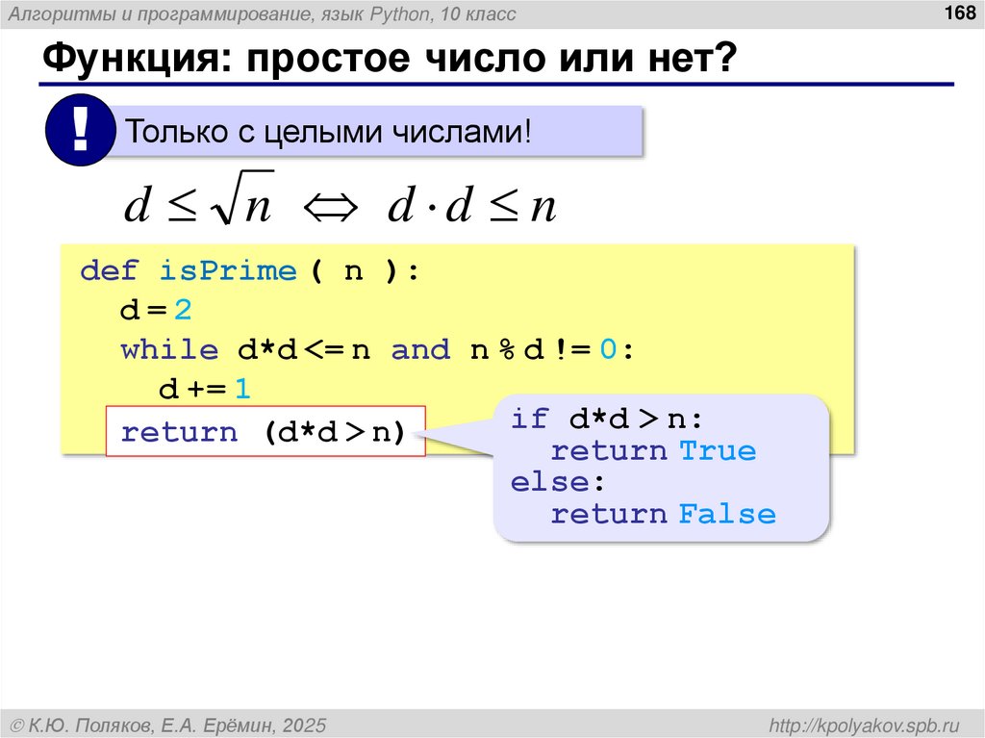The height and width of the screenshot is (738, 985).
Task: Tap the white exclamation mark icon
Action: (80, 132)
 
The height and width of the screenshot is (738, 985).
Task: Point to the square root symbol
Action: (227, 205)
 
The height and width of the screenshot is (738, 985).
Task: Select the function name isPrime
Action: (228, 270)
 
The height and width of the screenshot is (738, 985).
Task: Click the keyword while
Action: (169, 350)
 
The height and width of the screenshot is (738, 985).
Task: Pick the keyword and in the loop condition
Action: (420, 350)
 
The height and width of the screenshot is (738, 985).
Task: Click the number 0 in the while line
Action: (607, 350)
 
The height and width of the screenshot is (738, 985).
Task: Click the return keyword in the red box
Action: (179, 432)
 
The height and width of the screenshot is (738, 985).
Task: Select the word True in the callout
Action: (718, 450)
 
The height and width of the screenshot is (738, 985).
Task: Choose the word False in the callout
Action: (727, 514)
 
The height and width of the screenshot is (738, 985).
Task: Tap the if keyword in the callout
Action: (530, 419)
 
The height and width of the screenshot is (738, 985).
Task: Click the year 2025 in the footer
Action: (305, 724)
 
